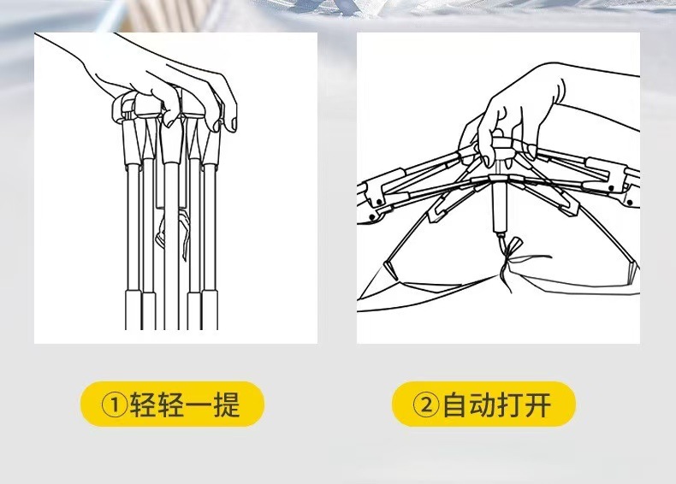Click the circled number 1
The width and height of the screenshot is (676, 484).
click(115, 404)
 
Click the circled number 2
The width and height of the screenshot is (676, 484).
click(426, 404)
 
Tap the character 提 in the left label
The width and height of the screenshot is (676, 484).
click(227, 404)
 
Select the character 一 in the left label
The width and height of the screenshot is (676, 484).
click(199, 405)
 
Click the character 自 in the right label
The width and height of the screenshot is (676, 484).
click(455, 404)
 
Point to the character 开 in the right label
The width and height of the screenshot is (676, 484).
click(537, 404)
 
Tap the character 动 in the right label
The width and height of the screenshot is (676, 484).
click(483, 404)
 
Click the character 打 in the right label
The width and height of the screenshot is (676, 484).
click(510, 404)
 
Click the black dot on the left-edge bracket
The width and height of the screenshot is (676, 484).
click(378, 202)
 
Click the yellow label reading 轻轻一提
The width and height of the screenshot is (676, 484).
click(172, 404)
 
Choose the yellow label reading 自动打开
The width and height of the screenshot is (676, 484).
click(483, 404)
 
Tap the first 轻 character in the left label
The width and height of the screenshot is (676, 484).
click(144, 404)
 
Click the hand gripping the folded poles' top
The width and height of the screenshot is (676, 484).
click(163, 82)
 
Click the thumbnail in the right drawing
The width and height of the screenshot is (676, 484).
click(485, 161)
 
